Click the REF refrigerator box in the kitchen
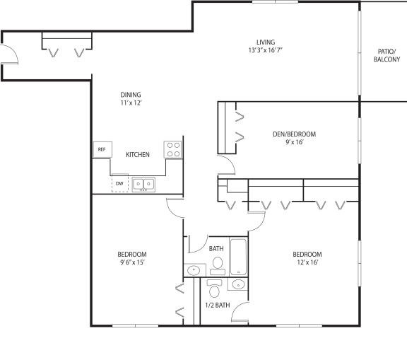pyautogui.click(x=102, y=149)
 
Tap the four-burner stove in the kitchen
pyautogui.click(x=173, y=149)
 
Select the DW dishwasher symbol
pyautogui.click(x=120, y=184)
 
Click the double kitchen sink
pyautogui.click(x=143, y=185)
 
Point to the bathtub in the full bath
pyautogui.click(x=238, y=257)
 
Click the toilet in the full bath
pyautogui.click(x=218, y=266)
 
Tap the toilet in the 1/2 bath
pyautogui.click(x=214, y=289)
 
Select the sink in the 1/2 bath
pyautogui.click(x=237, y=284)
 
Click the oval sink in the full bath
pyautogui.click(x=194, y=270)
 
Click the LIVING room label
pyautogui.click(x=266, y=42)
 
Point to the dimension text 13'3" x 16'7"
pyautogui.click(x=265, y=50)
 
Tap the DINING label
pyautogui.click(x=131, y=95)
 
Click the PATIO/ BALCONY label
pyautogui.click(x=387, y=55)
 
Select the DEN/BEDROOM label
pyautogui.click(x=294, y=134)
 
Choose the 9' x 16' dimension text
pyautogui.click(x=295, y=142)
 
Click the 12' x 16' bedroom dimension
pyautogui.click(x=307, y=262)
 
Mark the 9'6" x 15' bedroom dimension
pyautogui.click(x=132, y=262)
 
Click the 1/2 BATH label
pyautogui.click(x=218, y=305)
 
